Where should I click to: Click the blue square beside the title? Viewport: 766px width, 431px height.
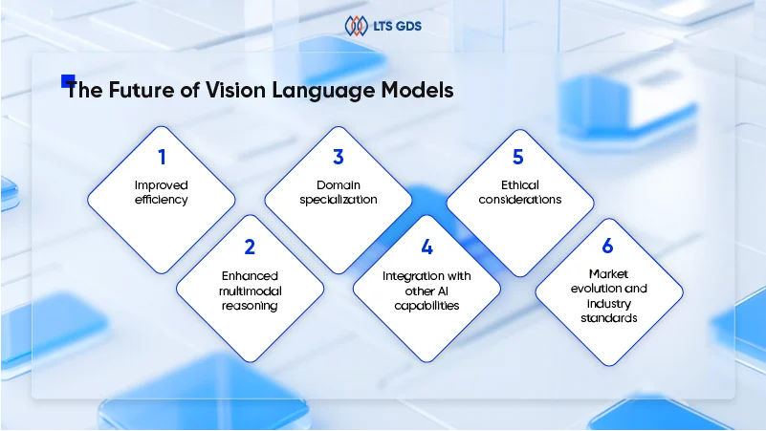coord(67,81)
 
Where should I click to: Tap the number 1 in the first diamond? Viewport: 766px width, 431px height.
coord(161,156)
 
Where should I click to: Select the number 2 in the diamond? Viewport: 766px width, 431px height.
coord(250,247)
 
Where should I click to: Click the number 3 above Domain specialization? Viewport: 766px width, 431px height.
coord(338,156)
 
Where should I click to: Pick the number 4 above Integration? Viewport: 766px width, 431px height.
coord(427,247)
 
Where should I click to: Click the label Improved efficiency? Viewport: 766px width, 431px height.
coord(161,193)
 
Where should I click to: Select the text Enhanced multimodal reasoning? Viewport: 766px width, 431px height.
coord(250,291)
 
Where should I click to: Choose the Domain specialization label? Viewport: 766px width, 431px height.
coord(338,193)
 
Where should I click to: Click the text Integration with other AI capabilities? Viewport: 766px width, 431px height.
coord(427,291)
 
